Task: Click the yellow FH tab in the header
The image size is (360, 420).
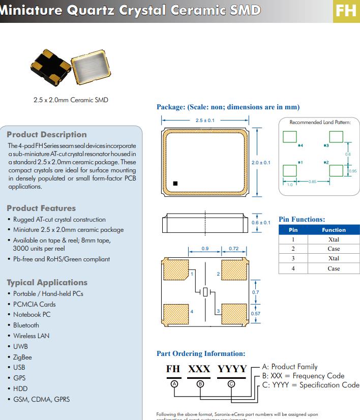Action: (346, 10)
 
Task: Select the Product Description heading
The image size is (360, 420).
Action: (47, 135)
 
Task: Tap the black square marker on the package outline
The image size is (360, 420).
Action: (175, 183)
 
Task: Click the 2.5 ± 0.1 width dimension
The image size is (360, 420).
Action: (205, 121)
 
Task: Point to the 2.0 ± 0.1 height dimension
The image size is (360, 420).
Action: (261, 163)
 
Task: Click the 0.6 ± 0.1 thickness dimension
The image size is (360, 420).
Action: (261, 223)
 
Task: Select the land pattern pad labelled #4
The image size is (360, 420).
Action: (290, 137)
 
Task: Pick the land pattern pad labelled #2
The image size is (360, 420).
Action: (336, 170)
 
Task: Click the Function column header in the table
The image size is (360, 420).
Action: (334, 230)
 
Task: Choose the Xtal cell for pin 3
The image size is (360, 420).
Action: (334, 258)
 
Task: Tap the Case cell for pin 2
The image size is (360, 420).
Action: (334, 249)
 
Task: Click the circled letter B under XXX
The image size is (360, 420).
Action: (200, 384)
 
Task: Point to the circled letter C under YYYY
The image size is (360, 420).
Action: (232, 384)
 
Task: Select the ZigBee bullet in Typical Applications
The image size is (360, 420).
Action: (22, 357)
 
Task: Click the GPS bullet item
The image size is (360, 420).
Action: (19, 378)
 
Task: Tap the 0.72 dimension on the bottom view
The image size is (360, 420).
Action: (233, 249)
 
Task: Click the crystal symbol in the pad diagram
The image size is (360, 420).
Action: (205, 292)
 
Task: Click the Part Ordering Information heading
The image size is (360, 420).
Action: (201, 353)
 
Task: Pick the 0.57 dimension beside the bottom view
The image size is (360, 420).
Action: (256, 314)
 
